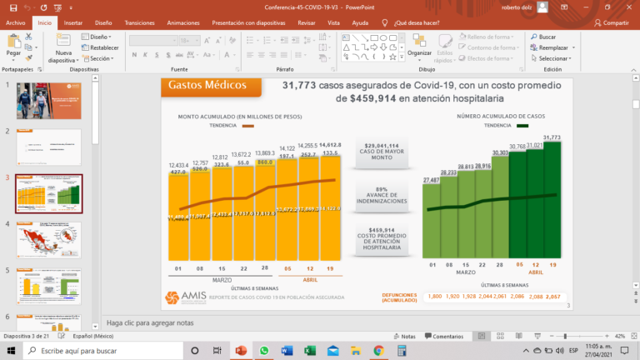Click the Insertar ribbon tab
point(73,23)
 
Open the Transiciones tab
point(139,23)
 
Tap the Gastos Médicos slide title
point(207,85)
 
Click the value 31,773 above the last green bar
point(551,137)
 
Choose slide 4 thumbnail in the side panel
point(49,240)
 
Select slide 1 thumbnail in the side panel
point(49,100)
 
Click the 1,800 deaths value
point(434,297)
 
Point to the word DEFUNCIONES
point(399,294)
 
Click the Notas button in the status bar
point(404,336)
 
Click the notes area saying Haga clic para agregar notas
point(150,322)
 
